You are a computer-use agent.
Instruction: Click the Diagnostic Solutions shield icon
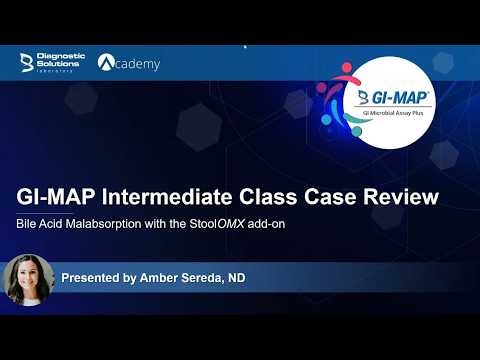27,63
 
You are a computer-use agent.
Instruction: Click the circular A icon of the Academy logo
108,63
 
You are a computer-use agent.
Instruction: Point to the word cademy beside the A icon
140,64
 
